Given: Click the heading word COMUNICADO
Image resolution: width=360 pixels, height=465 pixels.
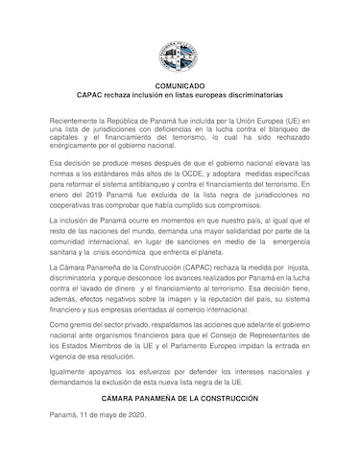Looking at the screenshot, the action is coord(180,86).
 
